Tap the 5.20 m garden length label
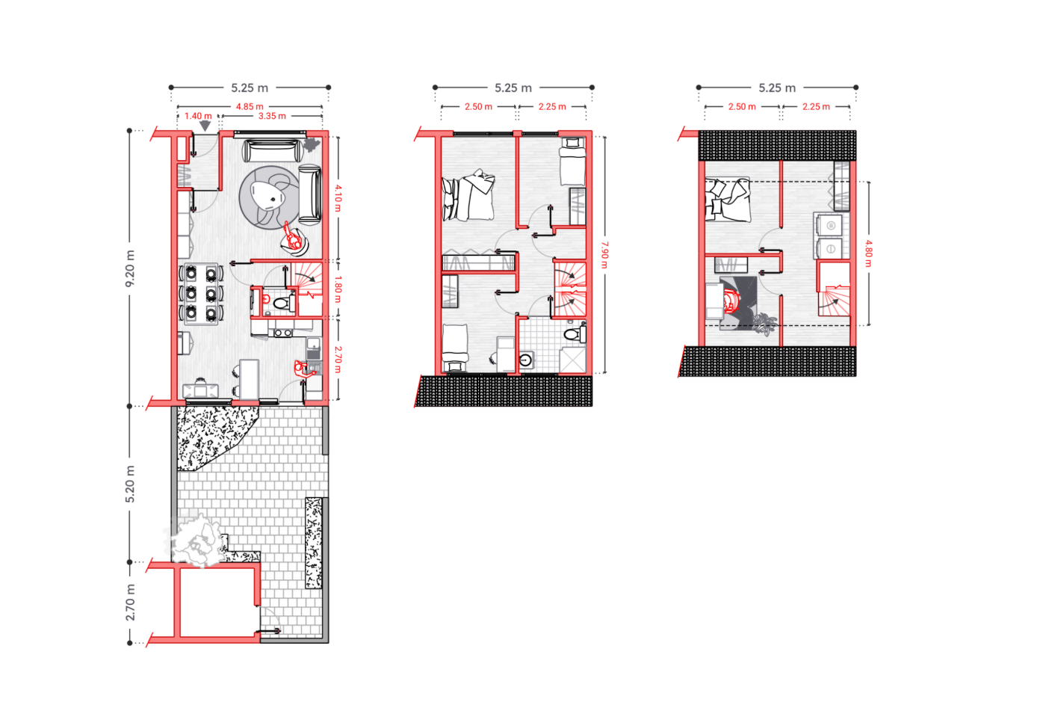pyautogui.click(x=130, y=484)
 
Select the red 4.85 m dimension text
pyautogui.click(x=250, y=107)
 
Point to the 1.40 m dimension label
pyautogui.click(x=198, y=116)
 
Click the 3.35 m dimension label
pyautogui.click(x=272, y=116)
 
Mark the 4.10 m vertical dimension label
pyautogui.click(x=338, y=198)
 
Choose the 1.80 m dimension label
pyautogui.click(x=338, y=289)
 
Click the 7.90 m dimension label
pyautogui.click(x=604, y=254)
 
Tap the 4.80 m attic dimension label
pyautogui.click(x=868, y=253)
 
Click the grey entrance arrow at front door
pyautogui.click(x=205, y=126)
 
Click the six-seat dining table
pyautogui.click(x=201, y=293)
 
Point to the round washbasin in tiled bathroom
pyautogui.click(x=526, y=360)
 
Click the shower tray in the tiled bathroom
pyautogui.click(x=573, y=360)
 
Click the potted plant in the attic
pyautogui.click(x=764, y=324)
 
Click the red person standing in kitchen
pyautogui.click(x=302, y=368)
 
